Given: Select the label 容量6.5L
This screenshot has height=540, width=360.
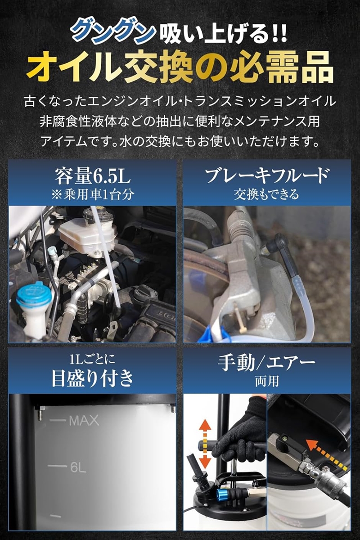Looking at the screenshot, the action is [x=92, y=176].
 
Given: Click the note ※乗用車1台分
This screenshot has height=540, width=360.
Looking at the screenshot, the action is [x=92, y=194].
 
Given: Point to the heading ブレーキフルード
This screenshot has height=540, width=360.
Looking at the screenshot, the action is [x=267, y=175].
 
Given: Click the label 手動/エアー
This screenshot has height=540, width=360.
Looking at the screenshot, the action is [x=267, y=363].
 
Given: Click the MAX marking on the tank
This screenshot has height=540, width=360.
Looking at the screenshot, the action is [x=84, y=421].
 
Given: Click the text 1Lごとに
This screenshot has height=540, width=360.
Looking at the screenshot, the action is [x=92, y=359].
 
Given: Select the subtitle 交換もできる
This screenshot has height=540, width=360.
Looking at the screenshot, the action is [x=267, y=194].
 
